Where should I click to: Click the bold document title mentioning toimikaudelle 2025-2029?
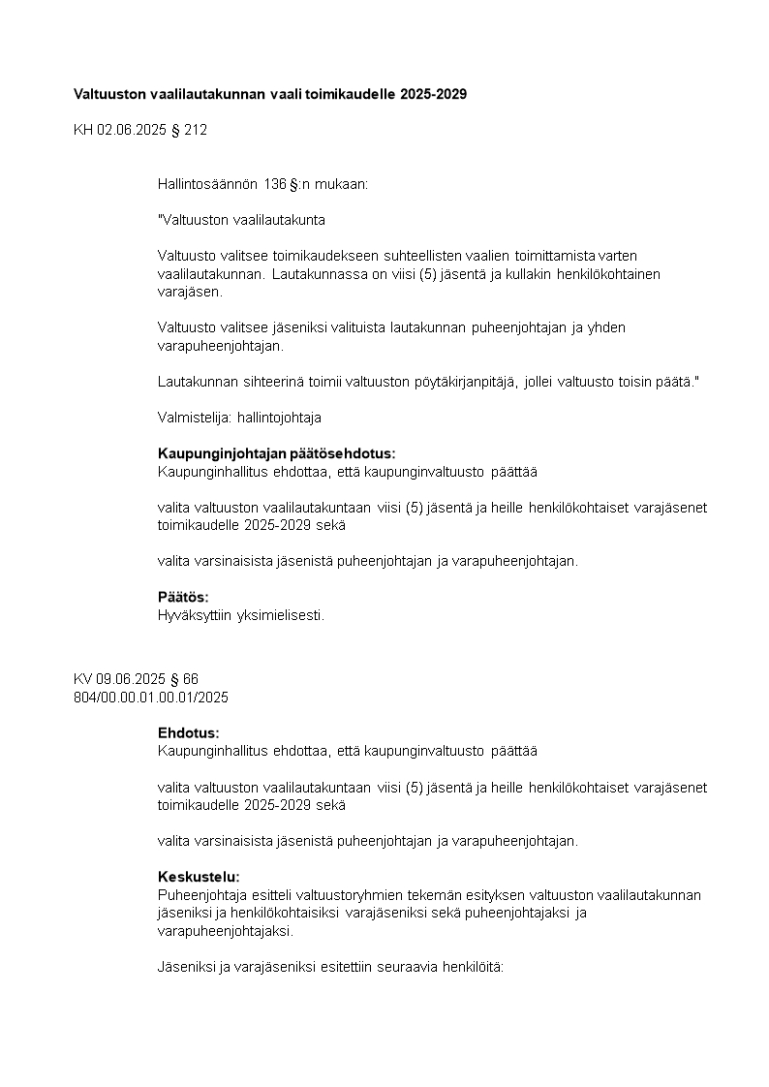(270, 94)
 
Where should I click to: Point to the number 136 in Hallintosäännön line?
(274, 183)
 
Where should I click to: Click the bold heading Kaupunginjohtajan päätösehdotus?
(276, 453)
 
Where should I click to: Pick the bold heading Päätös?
(183, 597)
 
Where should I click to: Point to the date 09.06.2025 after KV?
(129, 679)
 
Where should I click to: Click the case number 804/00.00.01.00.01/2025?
(151, 697)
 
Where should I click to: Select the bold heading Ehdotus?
(188, 732)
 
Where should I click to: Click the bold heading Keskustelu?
(199, 877)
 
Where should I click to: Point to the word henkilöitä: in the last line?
(470, 967)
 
